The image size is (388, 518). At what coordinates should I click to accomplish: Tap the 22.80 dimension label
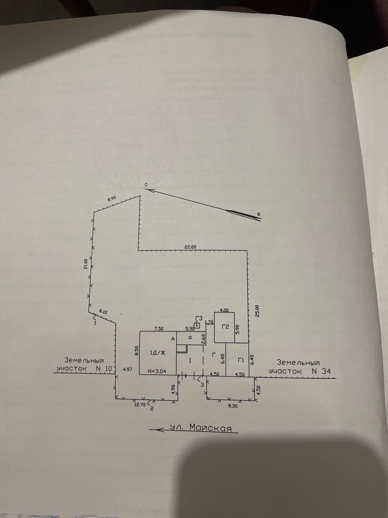click(190, 247)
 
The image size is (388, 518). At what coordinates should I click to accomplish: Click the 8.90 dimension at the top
click(112, 199)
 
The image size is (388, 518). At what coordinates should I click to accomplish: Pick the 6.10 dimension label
click(103, 312)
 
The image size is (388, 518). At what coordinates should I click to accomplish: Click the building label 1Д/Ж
click(158, 353)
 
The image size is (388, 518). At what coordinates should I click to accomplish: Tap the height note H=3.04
click(157, 371)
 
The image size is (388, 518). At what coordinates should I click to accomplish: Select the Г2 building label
click(225, 327)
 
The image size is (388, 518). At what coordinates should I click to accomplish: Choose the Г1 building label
click(241, 360)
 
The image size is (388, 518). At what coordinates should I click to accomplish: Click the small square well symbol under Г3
click(197, 325)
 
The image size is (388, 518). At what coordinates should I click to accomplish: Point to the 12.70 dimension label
click(140, 404)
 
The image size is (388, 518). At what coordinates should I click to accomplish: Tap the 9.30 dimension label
click(233, 406)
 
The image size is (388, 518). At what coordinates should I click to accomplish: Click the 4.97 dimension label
click(127, 369)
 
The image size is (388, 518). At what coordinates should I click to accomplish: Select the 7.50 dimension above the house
click(159, 329)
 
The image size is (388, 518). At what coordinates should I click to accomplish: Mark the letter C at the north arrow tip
click(146, 185)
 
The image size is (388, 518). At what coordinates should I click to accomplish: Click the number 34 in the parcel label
click(326, 371)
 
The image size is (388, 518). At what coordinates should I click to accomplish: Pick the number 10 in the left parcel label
click(108, 368)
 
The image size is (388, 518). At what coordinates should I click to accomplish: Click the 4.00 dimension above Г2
click(224, 310)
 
